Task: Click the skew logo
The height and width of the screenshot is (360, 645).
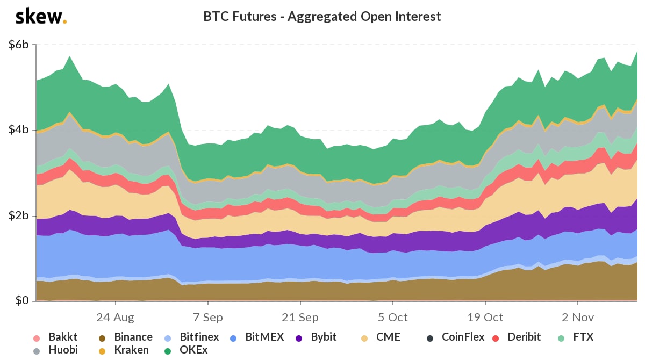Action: [x=41, y=17]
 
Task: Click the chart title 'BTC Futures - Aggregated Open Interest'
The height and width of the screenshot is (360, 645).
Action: [x=322, y=17]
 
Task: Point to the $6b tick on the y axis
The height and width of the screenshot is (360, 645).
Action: [x=19, y=45]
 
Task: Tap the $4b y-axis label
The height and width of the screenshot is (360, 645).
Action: [x=19, y=131]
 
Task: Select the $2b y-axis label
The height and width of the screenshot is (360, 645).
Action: [x=19, y=216]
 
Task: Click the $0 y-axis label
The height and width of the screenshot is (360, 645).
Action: [x=22, y=300]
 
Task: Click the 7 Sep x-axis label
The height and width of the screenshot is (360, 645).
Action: [x=207, y=317]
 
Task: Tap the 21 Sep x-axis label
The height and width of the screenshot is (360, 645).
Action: [x=300, y=317]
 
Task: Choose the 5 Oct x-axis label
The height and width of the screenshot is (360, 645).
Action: [x=392, y=317]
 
